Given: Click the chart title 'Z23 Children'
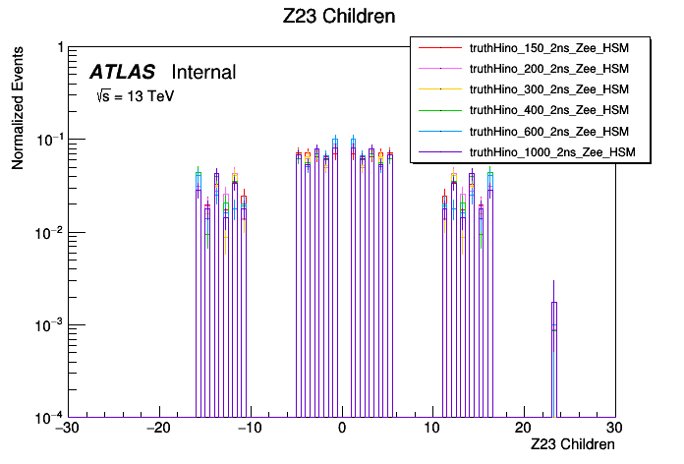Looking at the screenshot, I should point(341,17).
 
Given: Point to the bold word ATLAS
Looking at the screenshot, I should point(122,72).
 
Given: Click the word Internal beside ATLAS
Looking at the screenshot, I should point(203,72).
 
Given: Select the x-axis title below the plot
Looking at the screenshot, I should point(572,444).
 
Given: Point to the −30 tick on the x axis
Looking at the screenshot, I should point(66,429).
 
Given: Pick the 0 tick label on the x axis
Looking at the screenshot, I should point(341,429).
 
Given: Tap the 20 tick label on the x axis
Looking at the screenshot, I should point(524,429).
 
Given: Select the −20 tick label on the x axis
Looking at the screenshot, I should point(157,429).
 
